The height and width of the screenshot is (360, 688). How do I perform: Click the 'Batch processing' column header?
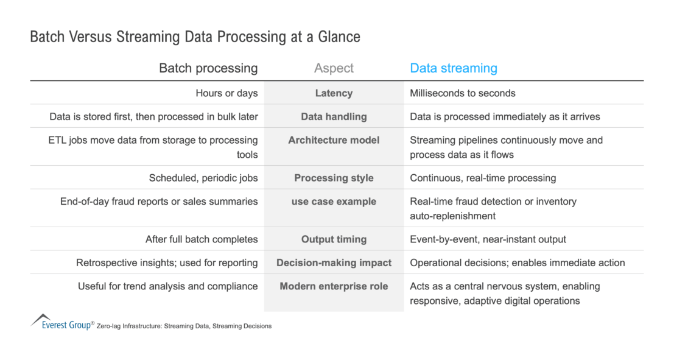pyautogui.click(x=208, y=68)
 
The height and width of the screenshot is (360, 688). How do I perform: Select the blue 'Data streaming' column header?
pyautogui.click(x=454, y=68)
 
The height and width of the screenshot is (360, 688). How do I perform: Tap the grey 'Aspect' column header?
pyautogui.click(x=334, y=68)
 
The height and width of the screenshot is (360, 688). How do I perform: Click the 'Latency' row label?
pyautogui.click(x=334, y=93)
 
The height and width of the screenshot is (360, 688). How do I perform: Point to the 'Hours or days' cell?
pyautogui.click(x=226, y=93)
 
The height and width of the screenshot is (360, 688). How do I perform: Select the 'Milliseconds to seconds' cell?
pyautogui.click(x=463, y=93)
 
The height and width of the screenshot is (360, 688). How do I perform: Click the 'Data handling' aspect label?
pyautogui.click(x=334, y=116)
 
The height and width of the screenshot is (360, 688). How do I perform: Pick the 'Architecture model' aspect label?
pyautogui.click(x=334, y=140)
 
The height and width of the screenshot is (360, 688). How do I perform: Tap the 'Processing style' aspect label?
pyautogui.click(x=334, y=178)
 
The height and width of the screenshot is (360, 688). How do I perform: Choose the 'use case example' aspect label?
pyautogui.click(x=334, y=202)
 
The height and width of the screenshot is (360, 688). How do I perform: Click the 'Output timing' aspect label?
pyautogui.click(x=334, y=239)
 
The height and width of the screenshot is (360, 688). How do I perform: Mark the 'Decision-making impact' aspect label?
pyautogui.click(x=334, y=263)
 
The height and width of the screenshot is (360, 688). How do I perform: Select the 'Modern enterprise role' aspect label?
pyautogui.click(x=334, y=286)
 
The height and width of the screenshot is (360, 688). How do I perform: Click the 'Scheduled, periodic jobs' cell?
pyautogui.click(x=203, y=178)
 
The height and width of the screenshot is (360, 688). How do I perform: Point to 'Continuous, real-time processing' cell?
pyautogui.click(x=483, y=178)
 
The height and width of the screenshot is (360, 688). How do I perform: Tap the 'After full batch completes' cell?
pyautogui.click(x=202, y=239)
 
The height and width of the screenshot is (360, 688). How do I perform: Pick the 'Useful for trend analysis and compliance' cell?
pyautogui.click(x=167, y=286)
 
